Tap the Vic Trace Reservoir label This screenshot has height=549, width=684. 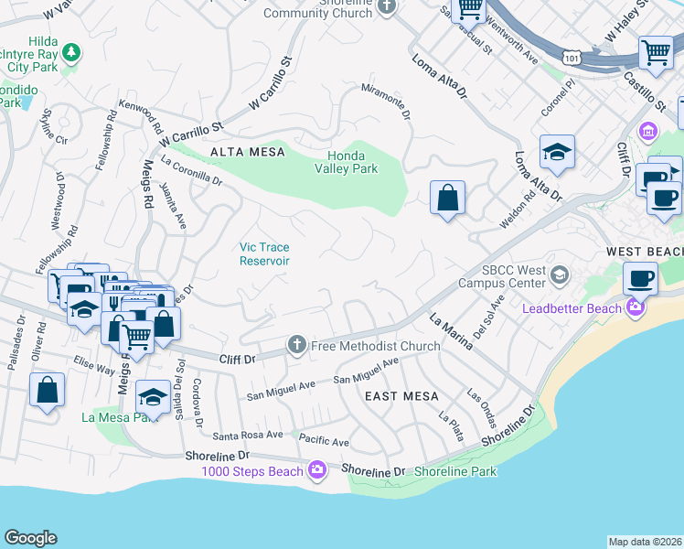[264, 253]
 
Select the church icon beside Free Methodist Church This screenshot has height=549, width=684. [296, 345]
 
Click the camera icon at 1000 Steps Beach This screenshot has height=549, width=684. [317, 471]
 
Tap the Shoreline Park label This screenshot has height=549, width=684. [454, 471]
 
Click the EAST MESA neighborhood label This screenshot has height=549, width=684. [401, 396]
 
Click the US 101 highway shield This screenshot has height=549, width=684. [572, 58]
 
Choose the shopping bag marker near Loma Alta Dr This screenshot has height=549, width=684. [447, 198]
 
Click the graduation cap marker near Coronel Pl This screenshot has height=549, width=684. [557, 152]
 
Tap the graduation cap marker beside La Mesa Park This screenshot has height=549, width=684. [153, 397]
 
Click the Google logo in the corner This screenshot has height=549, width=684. [30, 537]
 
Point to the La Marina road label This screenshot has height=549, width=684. [451, 332]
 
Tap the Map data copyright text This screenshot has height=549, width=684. [645, 542]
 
